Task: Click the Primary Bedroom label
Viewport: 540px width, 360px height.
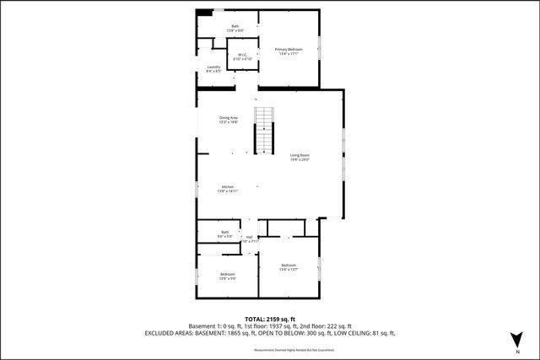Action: pyautogui.click(x=289, y=51)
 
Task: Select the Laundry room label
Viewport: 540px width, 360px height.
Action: pyautogui.click(x=213, y=69)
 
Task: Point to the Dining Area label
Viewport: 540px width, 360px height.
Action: pyautogui.click(x=228, y=120)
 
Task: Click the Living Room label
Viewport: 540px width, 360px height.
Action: pyautogui.click(x=300, y=157)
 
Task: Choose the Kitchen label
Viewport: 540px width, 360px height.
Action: pyautogui.click(x=228, y=189)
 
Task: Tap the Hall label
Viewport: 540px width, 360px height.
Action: pyautogui.click(x=250, y=239)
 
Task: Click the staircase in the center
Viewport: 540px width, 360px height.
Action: pyautogui.click(x=266, y=131)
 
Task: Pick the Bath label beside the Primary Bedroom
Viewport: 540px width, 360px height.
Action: pyautogui.click(x=235, y=29)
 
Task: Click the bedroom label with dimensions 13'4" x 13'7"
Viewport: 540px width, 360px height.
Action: pyautogui.click(x=289, y=267)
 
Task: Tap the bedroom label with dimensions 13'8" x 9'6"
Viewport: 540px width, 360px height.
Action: pyautogui.click(x=228, y=276)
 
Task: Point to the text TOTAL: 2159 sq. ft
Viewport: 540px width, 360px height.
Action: pyautogui.click(x=270, y=319)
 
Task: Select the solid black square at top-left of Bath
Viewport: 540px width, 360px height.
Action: pyautogui.click(x=205, y=12)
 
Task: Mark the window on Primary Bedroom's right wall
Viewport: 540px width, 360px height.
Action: pyautogui.click(x=320, y=48)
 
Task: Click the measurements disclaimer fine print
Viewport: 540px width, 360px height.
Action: pyautogui.click(x=270, y=348)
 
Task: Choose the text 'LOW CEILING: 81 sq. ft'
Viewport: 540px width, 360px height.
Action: pyautogui.click(x=363, y=333)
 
